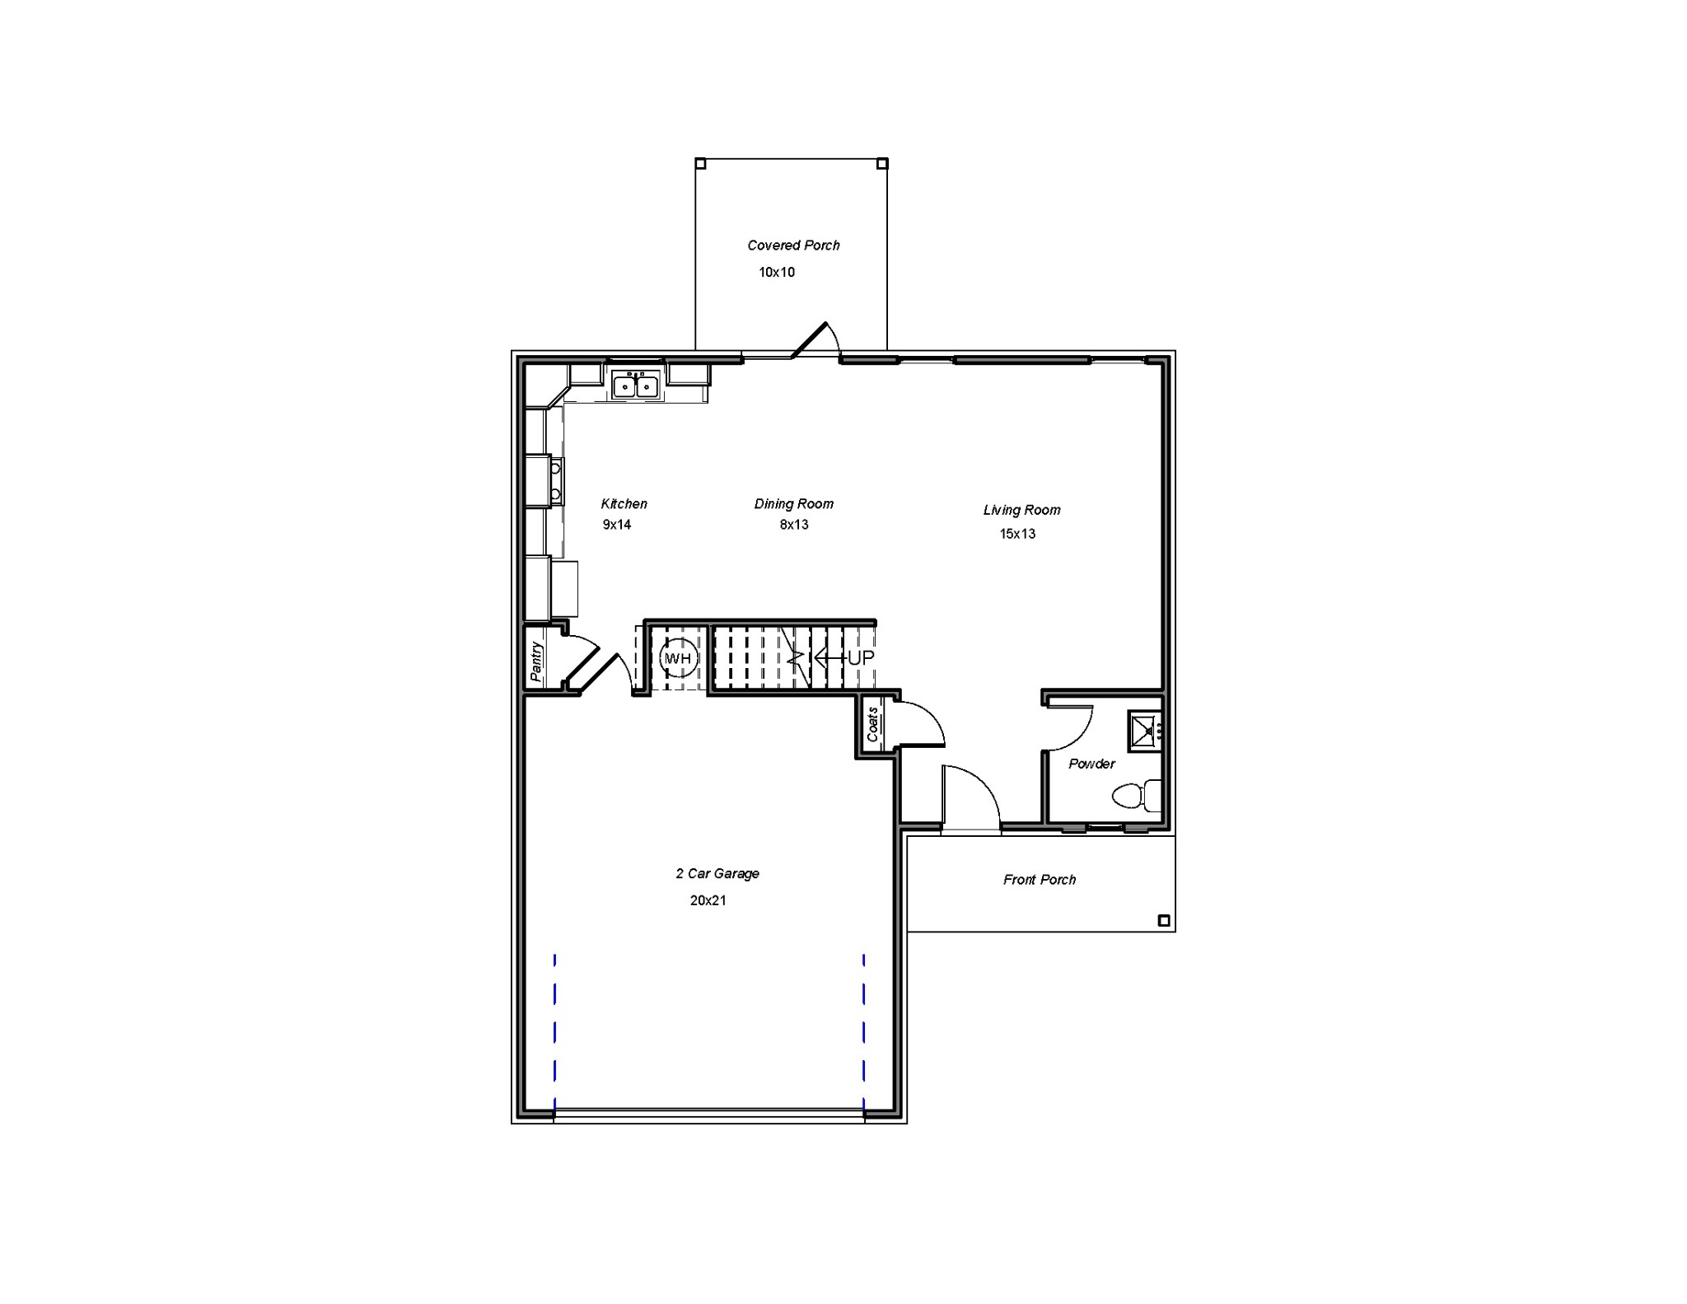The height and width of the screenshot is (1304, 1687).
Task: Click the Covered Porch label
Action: tap(793, 245)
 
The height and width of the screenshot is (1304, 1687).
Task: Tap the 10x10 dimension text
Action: tap(776, 273)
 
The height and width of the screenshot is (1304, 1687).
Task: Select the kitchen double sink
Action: tap(635, 385)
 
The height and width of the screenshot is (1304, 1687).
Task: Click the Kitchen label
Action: tap(624, 504)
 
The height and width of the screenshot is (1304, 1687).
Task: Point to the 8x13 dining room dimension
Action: tap(794, 525)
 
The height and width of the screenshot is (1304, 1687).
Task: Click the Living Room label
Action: tap(1021, 510)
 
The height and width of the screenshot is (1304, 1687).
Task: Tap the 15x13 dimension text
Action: tap(1017, 534)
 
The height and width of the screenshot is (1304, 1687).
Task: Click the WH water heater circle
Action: tap(679, 658)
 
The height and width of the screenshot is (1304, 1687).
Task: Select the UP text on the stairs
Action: tap(861, 658)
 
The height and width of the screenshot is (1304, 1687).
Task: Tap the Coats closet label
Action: tap(872, 724)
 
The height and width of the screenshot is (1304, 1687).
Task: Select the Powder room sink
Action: tap(1144, 730)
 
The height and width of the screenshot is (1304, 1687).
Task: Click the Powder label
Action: tap(1091, 764)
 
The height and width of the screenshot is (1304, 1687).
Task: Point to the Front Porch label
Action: tap(1040, 880)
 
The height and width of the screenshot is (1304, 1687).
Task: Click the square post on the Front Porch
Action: tap(1164, 921)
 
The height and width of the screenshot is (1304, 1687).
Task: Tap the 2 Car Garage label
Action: tap(717, 874)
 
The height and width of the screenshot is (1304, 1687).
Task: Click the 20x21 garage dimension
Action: tap(708, 901)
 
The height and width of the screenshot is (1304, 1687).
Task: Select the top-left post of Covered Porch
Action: tap(700, 163)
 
